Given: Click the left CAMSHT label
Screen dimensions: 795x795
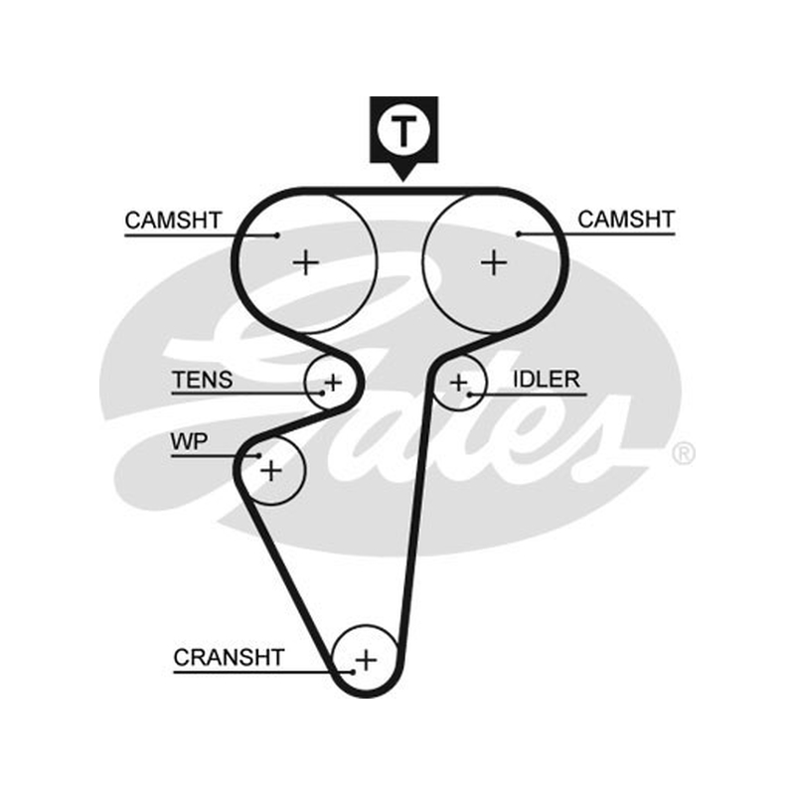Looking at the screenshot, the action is pyautogui.click(x=173, y=220).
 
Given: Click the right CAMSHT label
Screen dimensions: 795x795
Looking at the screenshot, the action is pyautogui.click(x=626, y=219).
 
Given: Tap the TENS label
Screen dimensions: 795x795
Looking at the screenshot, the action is pyautogui.click(x=203, y=380).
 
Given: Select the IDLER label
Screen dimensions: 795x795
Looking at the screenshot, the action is pyautogui.click(x=547, y=380).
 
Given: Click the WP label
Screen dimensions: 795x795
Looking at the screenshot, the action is pyautogui.click(x=189, y=441).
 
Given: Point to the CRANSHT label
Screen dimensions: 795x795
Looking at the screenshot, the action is pyautogui.click(x=229, y=657).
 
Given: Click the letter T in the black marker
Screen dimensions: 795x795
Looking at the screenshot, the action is pyautogui.click(x=403, y=130).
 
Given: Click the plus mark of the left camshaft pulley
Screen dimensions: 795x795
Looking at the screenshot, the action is pyautogui.click(x=306, y=262).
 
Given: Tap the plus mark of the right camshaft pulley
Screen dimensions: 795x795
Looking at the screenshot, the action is pyautogui.click(x=494, y=262).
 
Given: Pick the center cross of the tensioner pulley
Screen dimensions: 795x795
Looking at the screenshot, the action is pyautogui.click(x=333, y=383).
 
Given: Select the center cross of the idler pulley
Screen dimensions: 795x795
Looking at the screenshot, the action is pyautogui.click(x=459, y=383).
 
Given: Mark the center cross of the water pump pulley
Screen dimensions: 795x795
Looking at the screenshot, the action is pyautogui.click(x=271, y=470).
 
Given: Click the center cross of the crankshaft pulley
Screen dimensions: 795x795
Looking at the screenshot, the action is pyautogui.click(x=366, y=660).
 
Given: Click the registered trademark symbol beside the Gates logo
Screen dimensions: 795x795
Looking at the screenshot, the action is pyautogui.click(x=684, y=453).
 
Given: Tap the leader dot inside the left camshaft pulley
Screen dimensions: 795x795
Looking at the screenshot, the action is pyautogui.click(x=277, y=236).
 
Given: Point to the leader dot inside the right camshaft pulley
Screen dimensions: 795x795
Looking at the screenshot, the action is pyautogui.click(x=519, y=235).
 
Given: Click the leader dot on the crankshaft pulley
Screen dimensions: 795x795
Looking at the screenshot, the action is pyautogui.click(x=353, y=673).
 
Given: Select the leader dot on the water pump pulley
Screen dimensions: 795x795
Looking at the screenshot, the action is pyautogui.click(x=259, y=456).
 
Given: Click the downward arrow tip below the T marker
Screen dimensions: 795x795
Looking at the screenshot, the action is pyautogui.click(x=403, y=181).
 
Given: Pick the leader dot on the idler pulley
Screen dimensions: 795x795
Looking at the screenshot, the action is pyautogui.click(x=469, y=394).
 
